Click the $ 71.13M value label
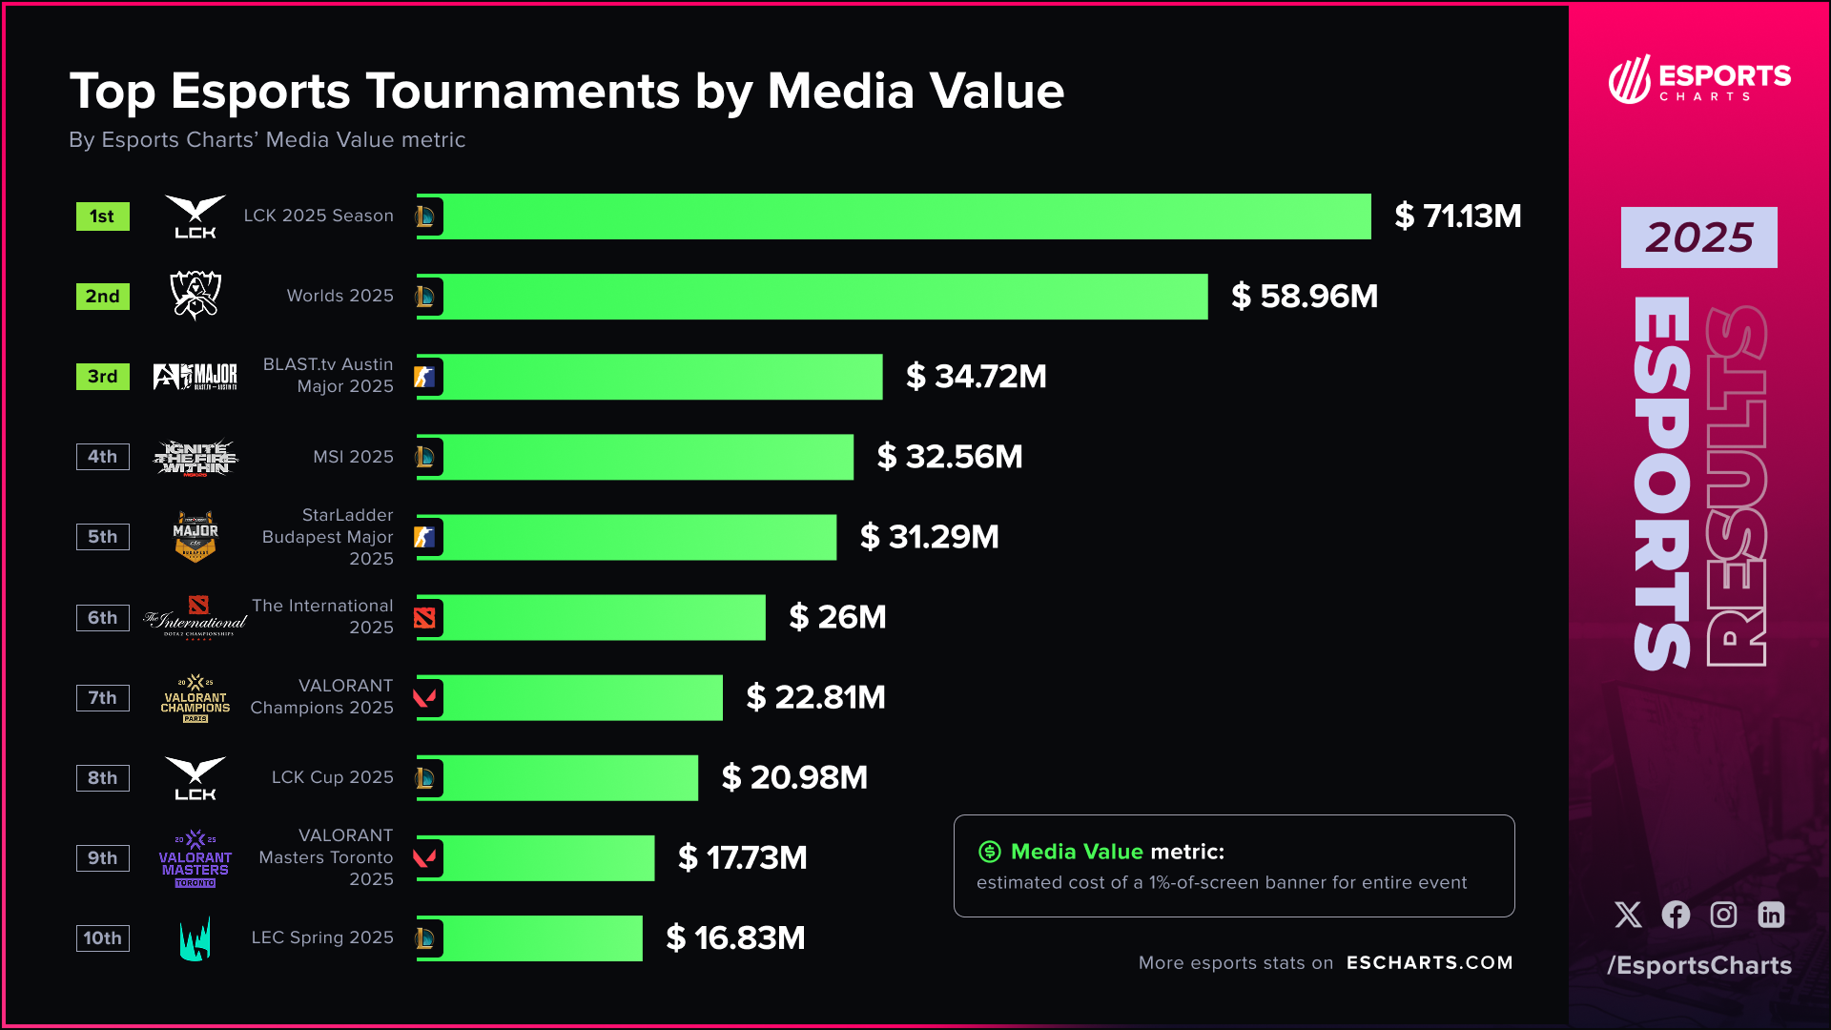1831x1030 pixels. (x=1457, y=216)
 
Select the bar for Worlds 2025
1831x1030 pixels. (x=825, y=297)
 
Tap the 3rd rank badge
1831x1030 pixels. (x=103, y=377)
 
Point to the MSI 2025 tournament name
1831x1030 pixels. (x=353, y=457)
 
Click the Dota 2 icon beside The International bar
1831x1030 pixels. (x=425, y=618)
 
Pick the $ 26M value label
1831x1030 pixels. (x=837, y=617)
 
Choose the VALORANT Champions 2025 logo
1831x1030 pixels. (x=195, y=698)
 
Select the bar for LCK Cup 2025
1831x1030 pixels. (x=570, y=778)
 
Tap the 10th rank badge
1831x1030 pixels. (x=103, y=938)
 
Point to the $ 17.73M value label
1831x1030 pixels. (x=742, y=858)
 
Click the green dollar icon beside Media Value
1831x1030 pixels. (x=990, y=852)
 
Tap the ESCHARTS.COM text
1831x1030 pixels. (x=1430, y=963)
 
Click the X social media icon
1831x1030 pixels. (x=1628, y=915)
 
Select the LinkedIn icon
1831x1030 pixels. (x=1771, y=915)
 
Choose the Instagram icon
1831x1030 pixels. (x=1723, y=915)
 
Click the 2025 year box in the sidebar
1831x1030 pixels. (x=1698, y=237)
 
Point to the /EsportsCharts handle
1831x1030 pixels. (x=1699, y=965)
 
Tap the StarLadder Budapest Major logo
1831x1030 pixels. (x=195, y=537)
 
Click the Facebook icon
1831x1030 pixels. (x=1676, y=915)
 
